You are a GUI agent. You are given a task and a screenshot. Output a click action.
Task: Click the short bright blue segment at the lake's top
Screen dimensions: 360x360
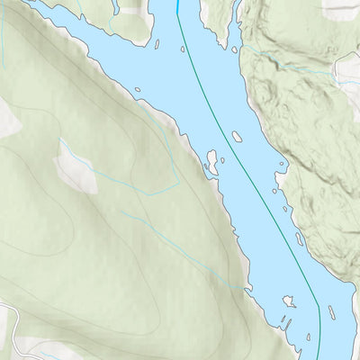(178, 6)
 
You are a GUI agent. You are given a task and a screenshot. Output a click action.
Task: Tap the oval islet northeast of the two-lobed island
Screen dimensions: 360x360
(237, 137)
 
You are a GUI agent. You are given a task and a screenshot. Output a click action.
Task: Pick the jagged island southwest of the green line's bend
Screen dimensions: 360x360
(289, 301)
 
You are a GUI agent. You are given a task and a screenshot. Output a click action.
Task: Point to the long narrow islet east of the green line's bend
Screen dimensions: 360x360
(331, 312)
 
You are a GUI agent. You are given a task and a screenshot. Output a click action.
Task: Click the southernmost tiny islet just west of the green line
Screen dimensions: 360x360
(309, 337)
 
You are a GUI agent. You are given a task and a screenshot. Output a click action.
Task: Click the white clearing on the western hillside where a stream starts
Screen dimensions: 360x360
(76, 168)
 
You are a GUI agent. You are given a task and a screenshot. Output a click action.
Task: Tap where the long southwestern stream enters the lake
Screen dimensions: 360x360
(242, 288)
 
